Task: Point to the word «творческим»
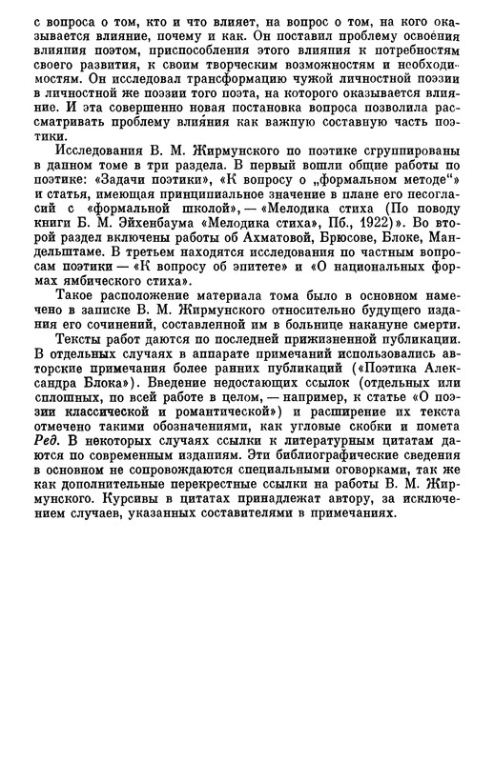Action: coord(190,54)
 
